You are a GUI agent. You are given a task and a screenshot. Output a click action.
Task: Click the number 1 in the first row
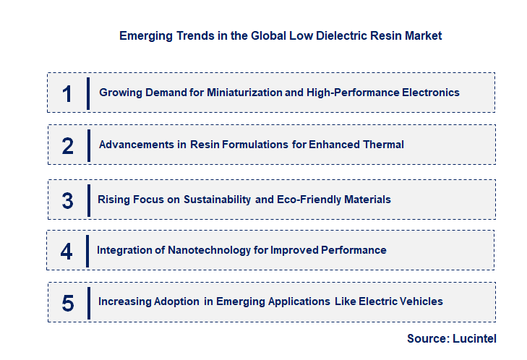point(67,94)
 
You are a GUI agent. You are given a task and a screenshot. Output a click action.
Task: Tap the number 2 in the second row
point(67,146)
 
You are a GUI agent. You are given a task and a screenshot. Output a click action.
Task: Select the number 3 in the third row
point(67,200)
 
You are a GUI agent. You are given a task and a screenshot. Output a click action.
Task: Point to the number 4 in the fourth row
point(67,252)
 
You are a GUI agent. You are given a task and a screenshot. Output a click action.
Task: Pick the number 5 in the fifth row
point(67,303)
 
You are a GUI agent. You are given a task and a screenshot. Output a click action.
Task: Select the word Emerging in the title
point(141,35)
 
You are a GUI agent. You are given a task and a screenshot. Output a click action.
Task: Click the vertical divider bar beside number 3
point(88,200)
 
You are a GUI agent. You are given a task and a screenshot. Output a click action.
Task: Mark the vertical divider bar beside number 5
point(88,303)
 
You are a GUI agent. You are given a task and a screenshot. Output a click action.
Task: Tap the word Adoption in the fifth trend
point(174,301)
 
